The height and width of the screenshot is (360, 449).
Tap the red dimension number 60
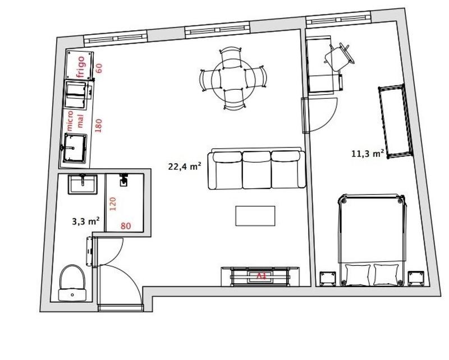tap(99, 68)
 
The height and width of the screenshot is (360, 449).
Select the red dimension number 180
tap(99, 124)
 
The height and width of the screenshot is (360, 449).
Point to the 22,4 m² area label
tap(185, 166)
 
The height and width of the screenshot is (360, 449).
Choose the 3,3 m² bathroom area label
tap(86, 221)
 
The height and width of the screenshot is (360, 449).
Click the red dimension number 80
tap(126, 226)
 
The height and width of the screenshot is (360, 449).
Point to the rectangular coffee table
tap(255, 216)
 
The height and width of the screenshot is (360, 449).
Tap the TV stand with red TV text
tap(260, 276)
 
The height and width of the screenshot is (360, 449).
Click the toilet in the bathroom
tap(72, 283)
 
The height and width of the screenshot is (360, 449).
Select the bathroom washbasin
tap(83, 184)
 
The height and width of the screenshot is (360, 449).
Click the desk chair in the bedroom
tap(339, 57)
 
